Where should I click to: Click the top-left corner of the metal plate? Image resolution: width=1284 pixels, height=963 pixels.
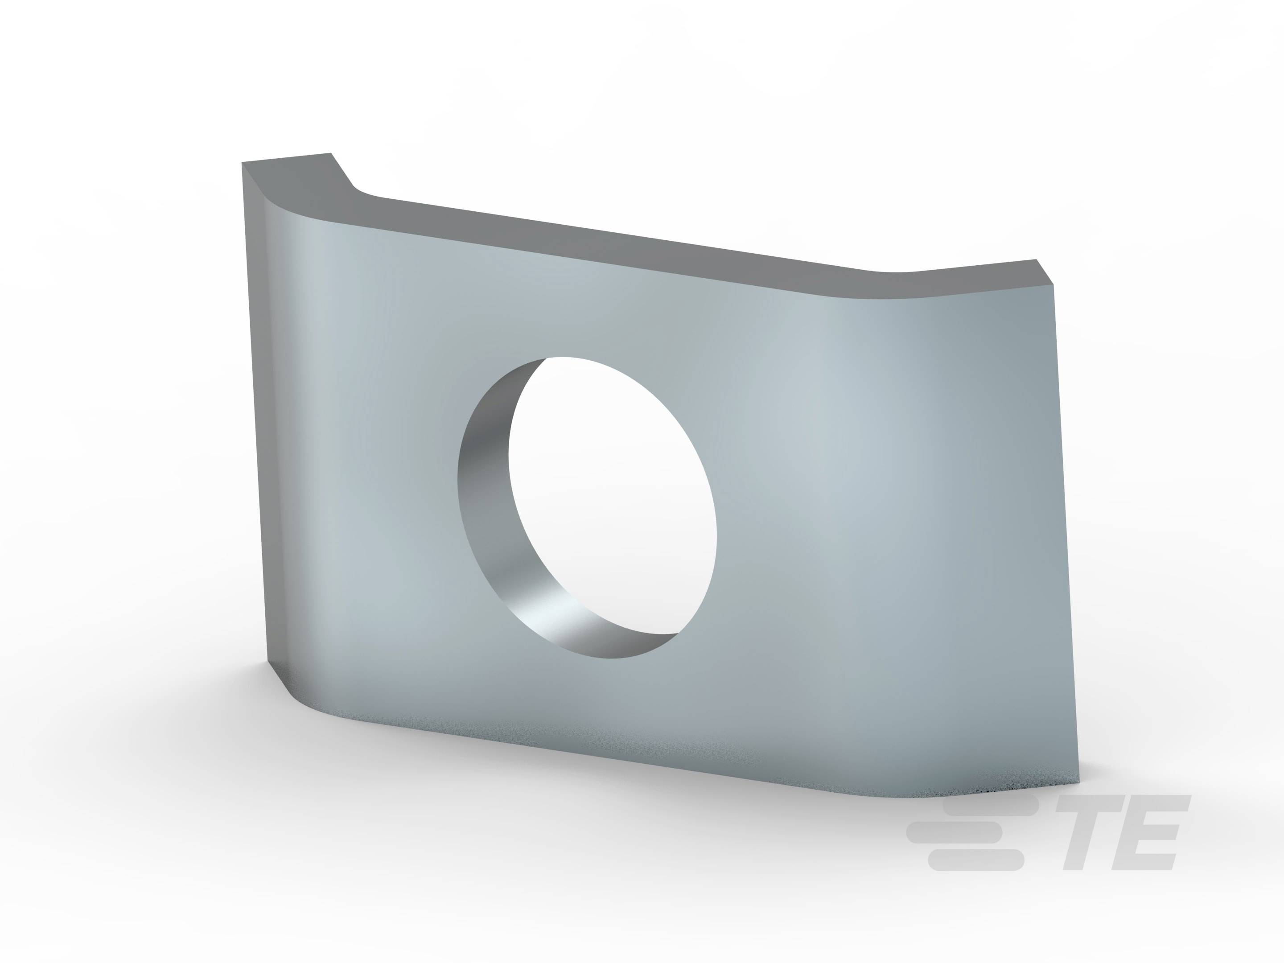pos(242,163)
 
